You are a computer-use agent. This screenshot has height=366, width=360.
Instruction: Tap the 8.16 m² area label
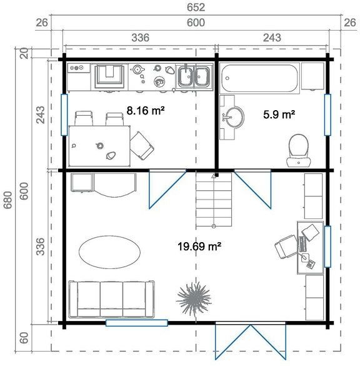(145, 111)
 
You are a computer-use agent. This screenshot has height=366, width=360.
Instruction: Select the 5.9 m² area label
(278, 114)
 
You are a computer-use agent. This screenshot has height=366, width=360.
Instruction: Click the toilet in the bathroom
(298, 150)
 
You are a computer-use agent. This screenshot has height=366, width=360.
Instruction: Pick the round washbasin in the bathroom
(236, 116)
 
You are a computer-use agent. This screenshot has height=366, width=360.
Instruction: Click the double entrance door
(241, 341)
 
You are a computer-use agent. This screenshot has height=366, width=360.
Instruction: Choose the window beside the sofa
(136, 323)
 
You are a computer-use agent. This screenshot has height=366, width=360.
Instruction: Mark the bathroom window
(326, 114)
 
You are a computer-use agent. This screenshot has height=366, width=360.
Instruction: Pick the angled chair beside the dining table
(143, 146)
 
